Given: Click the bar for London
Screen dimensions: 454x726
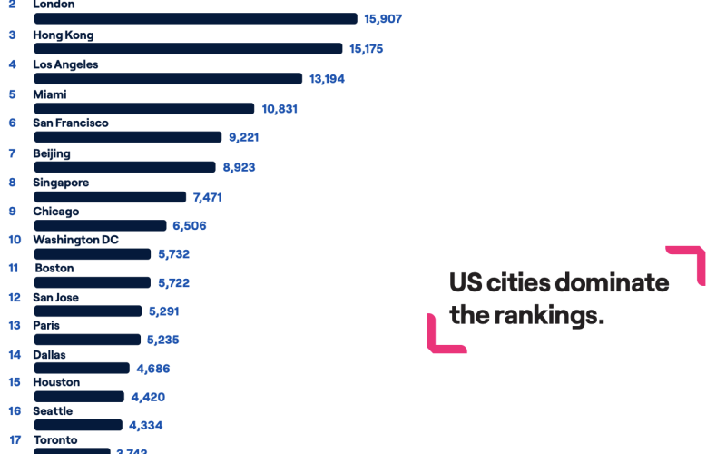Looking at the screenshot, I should pos(195,18).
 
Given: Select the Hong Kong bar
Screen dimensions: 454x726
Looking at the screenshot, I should pos(188,48).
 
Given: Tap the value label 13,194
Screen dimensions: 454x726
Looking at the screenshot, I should pos(327,79).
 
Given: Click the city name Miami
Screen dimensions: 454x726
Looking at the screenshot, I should pos(50,94).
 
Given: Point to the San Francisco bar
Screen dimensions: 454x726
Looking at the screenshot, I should pos(128,137).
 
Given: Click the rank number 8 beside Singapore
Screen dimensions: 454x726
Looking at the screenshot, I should pos(12,183).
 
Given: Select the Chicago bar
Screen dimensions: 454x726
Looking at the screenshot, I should pos(100,225).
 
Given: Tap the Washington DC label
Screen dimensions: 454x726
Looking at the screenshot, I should pos(76,240).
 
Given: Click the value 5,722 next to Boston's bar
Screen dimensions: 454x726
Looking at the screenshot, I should pos(173,283).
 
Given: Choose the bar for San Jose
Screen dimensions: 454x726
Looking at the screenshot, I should pos(88,311).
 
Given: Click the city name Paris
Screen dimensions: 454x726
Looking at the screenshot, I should pos(47,325).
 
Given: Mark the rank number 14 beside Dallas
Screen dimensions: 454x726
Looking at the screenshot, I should pos(15,355).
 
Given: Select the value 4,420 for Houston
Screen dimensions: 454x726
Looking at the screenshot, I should pos(148,397).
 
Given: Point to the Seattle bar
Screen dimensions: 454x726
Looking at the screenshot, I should pos(78,425).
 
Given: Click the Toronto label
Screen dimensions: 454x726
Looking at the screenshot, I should pos(55,440).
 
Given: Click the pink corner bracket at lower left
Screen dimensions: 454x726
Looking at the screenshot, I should pos(441,337).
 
